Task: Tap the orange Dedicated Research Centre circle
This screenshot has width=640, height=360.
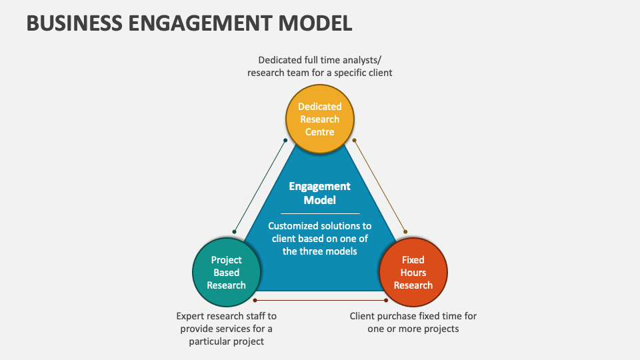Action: click(320, 119)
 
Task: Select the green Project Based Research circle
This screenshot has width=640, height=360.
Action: click(226, 273)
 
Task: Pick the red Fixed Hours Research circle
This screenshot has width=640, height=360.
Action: click(413, 273)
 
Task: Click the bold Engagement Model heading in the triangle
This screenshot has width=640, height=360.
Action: click(320, 193)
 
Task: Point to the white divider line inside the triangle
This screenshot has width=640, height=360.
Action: click(320, 213)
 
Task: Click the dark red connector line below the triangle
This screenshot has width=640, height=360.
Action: click(320, 300)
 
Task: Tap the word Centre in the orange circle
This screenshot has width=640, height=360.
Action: click(320, 132)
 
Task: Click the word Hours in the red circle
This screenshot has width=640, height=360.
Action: click(413, 273)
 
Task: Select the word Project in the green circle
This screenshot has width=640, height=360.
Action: click(227, 260)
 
